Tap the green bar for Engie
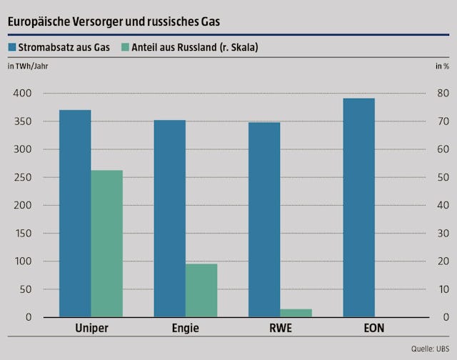201,290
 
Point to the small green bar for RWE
296,312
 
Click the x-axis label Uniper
91,329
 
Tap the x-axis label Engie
186,329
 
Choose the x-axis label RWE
281,329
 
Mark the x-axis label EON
375,329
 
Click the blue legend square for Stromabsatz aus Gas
12,48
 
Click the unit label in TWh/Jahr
28,66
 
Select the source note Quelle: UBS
431,349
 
